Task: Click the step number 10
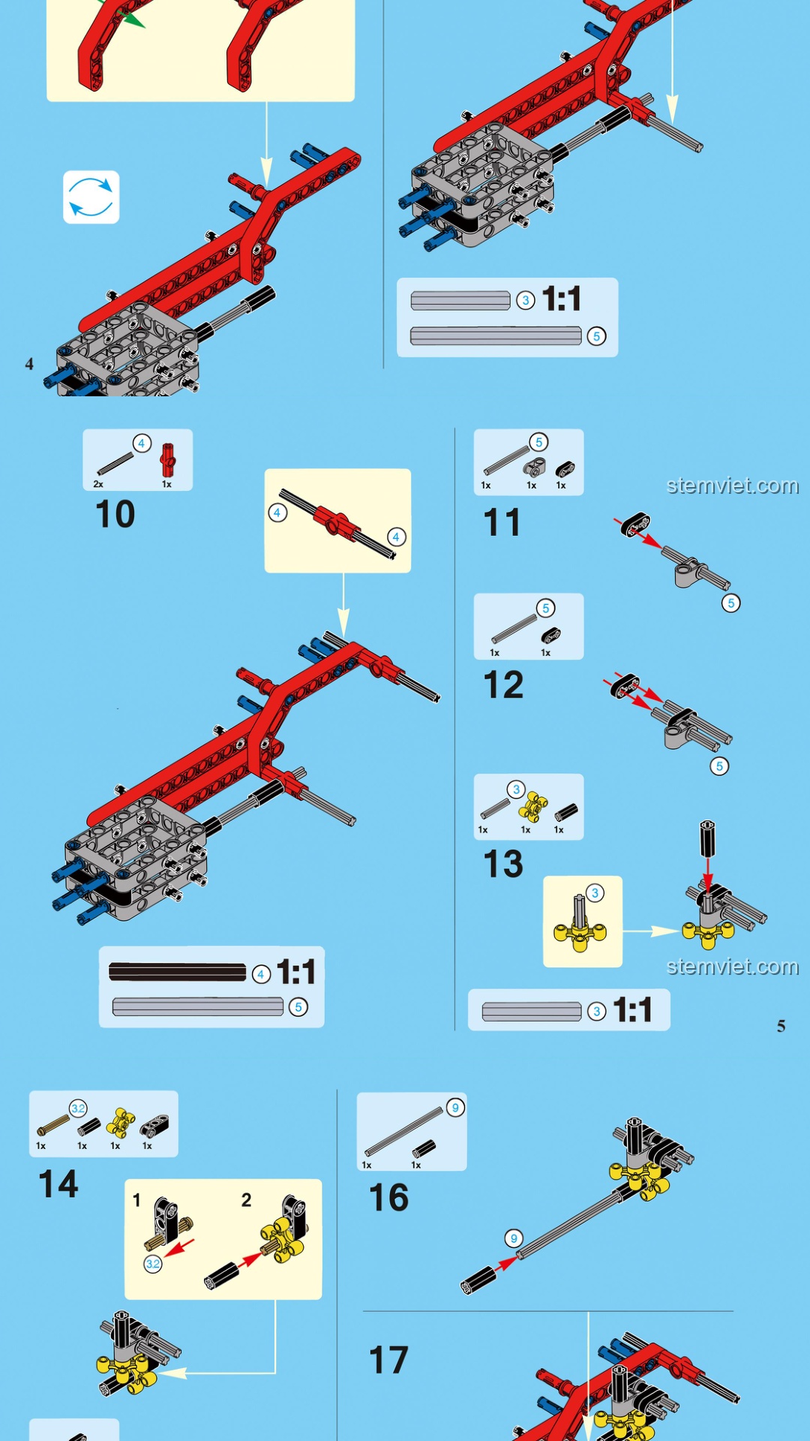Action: (115, 514)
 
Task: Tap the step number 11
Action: (502, 522)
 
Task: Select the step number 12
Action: (503, 684)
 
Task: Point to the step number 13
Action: (503, 864)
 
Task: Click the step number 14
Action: (58, 1184)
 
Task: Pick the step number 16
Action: (388, 1198)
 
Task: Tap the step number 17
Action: (388, 1360)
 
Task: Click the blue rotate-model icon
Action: (91, 197)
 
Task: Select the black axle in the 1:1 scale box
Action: (177, 973)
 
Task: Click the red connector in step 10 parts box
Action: (167, 460)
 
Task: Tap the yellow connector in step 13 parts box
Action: (533, 806)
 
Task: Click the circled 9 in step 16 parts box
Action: (455, 1108)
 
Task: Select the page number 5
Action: (781, 1026)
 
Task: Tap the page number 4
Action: (29, 364)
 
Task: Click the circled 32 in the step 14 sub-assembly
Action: (153, 1264)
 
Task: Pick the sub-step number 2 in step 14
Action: (246, 1200)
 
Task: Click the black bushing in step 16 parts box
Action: (424, 1148)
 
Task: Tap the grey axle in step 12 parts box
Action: (514, 629)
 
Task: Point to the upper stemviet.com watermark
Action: (733, 486)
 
